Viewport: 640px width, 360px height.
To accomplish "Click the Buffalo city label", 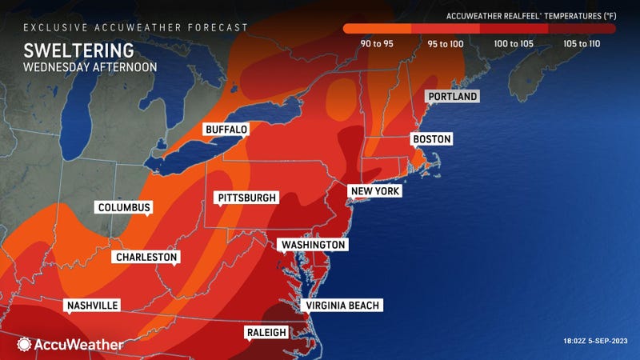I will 226,129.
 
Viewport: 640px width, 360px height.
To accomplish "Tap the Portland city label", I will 452,97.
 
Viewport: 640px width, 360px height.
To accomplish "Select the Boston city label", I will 431,139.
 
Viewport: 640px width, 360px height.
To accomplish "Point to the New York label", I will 374,191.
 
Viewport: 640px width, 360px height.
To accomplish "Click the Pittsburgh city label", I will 247,198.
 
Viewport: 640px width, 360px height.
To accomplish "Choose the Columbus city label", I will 124,207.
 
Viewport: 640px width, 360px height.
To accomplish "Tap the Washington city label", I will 313,244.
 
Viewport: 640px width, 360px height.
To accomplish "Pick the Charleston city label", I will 146,257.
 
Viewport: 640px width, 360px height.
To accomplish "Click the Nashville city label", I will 92,306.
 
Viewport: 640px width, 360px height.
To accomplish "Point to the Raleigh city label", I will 265,332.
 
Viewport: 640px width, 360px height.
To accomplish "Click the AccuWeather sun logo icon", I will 25,345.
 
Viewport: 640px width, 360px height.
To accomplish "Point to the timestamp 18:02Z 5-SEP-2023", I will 597,342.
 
